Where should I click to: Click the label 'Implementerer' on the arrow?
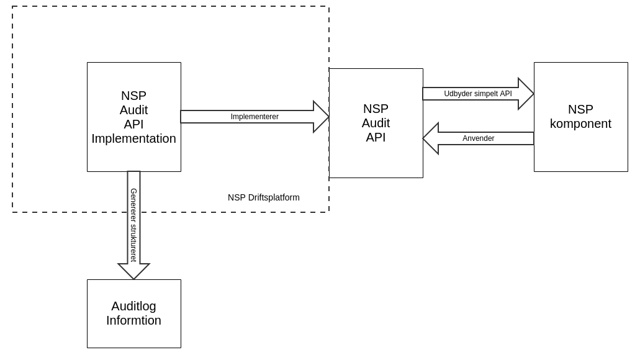(x=255, y=117)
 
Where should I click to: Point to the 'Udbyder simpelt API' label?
(x=478, y=94)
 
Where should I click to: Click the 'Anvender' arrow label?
(x=478, y=138)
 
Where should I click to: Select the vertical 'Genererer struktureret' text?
(x=133, y=225)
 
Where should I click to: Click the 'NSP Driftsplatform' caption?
(x=263, y=197)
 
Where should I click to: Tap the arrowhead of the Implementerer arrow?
(x=322, y=117)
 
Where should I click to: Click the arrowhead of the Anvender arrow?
(x=431, y=138)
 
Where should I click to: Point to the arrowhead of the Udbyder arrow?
(x=526, y=94)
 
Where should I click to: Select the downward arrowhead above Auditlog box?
(x=133, y=272)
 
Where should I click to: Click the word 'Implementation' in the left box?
(x=133, y=138)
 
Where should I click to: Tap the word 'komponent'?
(x=580, y=124)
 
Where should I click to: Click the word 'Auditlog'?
(x=133, y=306)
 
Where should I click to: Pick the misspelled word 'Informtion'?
(x=133, y=320)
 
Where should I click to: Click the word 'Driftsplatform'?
(x=274, y=197)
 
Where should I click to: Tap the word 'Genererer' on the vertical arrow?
(x=133, y=205)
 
